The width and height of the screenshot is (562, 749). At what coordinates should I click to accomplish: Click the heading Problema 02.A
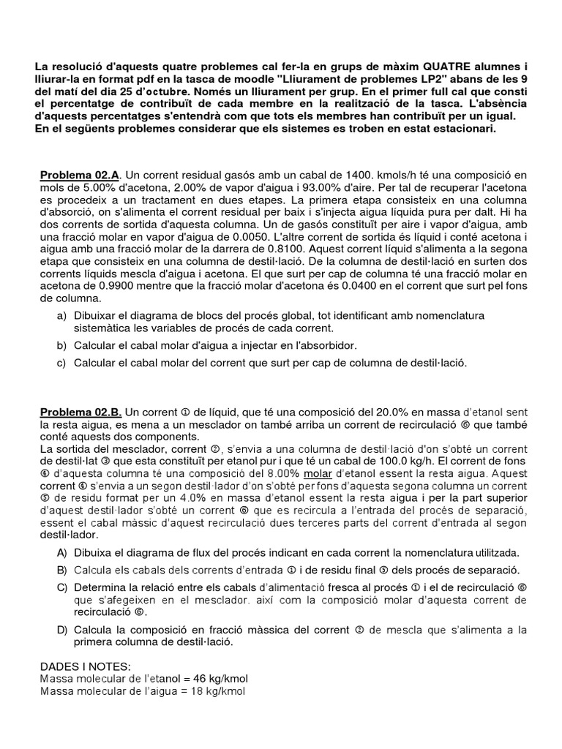point(79,176)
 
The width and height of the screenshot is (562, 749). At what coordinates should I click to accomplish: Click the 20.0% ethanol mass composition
point(359,412)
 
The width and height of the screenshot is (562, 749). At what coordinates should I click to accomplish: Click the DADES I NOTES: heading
point(86,666)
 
